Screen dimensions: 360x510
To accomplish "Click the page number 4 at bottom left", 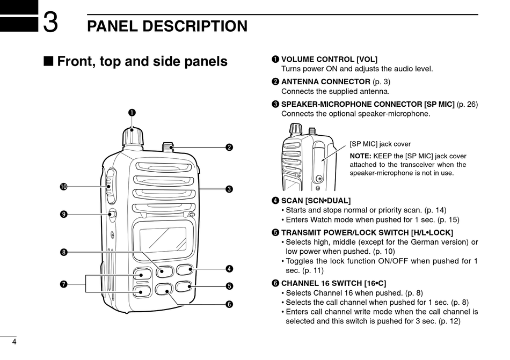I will pos(14,343).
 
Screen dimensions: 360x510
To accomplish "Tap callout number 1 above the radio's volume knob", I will pos(132,112).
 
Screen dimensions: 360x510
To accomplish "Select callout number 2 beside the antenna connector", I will pos(229,148).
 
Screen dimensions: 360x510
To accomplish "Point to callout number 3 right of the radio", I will pos(229,189).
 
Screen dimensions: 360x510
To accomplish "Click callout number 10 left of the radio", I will pos(63,187).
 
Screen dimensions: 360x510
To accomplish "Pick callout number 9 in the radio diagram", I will pos(63,215).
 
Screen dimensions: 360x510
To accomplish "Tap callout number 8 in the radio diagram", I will pos(63,252).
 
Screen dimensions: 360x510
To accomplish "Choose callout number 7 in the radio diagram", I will pos(63,284).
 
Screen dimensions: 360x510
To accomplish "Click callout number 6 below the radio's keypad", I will pos(229,304).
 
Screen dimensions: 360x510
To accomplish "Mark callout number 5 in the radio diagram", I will pos(229,286).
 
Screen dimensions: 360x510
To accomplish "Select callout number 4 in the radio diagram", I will pos(229,268).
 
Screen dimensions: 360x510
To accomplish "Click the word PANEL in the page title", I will pos(115,26).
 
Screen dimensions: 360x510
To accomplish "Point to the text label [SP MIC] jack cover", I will pos(380,144).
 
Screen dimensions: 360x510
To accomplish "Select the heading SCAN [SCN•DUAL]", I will pos(316,201).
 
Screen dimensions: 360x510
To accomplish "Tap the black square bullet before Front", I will pos(48,62).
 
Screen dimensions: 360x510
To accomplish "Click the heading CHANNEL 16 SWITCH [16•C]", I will pos(333,283).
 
